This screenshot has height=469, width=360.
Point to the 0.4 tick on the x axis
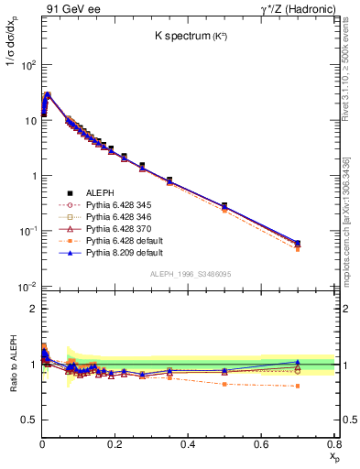[188, 444]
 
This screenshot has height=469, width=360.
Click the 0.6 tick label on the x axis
[261, 444]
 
